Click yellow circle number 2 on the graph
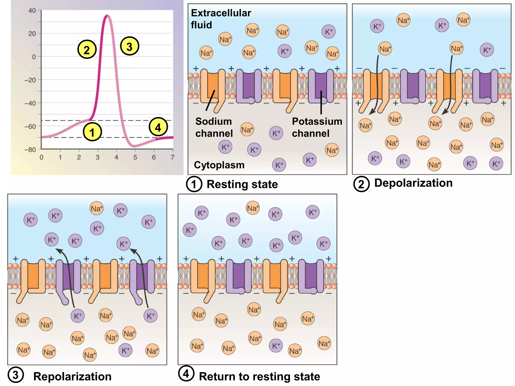tap(87, 50)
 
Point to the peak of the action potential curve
tap(107, 16)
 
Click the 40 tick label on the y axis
tap(32, 11)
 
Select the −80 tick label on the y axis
tap(30, 150)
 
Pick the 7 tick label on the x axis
tap(173, 158)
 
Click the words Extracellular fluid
tap(221, 19)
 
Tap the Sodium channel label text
tap(214, 127)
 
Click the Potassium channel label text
tap(317, 127)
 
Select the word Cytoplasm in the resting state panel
tap(219, 165)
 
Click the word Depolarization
tap(413, 183)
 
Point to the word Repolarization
tap(72, 376)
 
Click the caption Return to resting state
tap(259, 376)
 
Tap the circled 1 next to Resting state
tap(194, 184)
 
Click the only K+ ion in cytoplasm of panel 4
tap(276, 346)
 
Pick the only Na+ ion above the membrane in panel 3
tap(97, 208)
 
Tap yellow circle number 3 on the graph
tap(129, 46)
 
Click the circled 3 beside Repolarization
tap(16, 375)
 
